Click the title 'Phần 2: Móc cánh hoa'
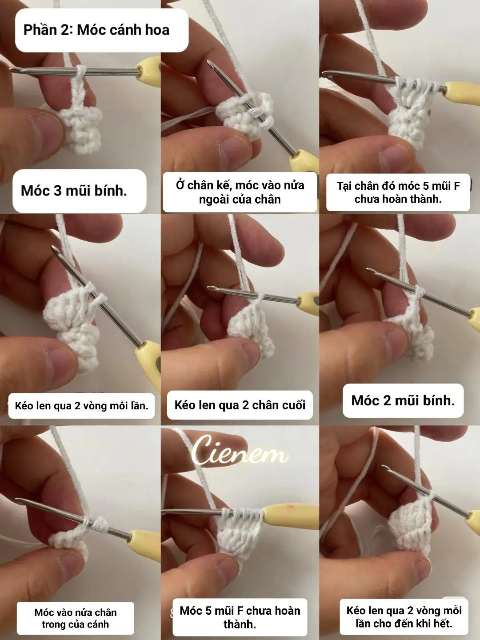[96, 30]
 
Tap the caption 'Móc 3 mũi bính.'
[74, 191]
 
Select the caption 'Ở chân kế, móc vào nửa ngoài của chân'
[240, 192]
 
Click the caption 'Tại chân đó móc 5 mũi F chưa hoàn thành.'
[398, 192]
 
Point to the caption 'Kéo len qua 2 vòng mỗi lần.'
[81, 406]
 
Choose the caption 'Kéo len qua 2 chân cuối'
[240, 405]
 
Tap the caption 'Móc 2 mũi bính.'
[403, 400]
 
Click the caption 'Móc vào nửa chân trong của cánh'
[76, 618]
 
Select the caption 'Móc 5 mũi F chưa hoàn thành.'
[240, 617]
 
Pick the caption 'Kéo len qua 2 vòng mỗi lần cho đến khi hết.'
[404, 617]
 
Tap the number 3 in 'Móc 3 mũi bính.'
[57, 191]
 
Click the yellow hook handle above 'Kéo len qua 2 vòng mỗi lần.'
[148, 360]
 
